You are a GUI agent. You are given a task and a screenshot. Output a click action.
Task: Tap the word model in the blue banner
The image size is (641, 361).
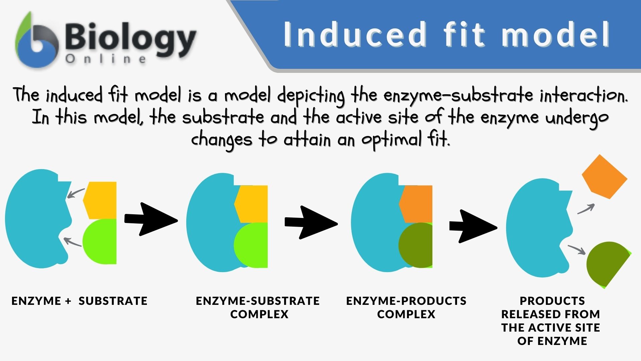(556, 35)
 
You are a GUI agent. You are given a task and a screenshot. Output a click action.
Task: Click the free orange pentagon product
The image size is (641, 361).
(604, 177)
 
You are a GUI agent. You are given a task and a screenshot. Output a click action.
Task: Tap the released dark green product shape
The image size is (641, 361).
(606, 263)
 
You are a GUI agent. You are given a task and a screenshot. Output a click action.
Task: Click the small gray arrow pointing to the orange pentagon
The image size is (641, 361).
(586, 209)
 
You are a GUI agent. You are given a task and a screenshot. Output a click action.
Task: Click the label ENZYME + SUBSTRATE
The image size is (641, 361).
(79, 301)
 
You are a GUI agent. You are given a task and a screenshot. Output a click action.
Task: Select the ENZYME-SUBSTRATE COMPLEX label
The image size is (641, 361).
(258, 307)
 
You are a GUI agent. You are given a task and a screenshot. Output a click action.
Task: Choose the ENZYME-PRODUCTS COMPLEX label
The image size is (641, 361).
(406, 307)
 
